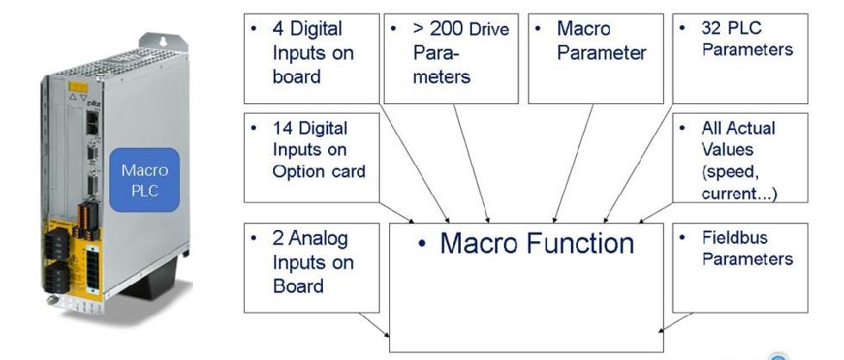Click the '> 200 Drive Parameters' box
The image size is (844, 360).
(449, 53)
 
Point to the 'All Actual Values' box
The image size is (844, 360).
(738, 159)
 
